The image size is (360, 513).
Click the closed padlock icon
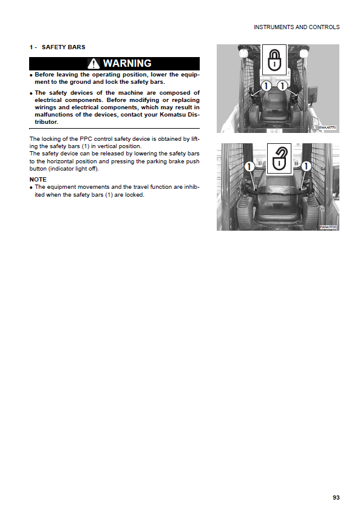274,60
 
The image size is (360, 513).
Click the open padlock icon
279,158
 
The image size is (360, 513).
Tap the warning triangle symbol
93,64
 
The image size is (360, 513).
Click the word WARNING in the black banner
127,63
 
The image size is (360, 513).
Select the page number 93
336,497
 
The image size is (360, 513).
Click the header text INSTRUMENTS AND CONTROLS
296,27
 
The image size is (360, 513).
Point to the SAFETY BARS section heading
64,47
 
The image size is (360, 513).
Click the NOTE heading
38,179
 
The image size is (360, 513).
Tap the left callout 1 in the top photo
266,86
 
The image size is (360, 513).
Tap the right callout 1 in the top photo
282,86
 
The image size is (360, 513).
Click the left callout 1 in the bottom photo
250,166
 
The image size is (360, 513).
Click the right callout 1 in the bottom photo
306,166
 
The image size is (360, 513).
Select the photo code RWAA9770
328,127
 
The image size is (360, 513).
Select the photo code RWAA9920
328,226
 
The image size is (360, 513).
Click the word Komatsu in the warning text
173,115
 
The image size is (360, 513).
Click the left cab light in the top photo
243,53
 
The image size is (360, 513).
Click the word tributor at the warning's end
46,121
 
